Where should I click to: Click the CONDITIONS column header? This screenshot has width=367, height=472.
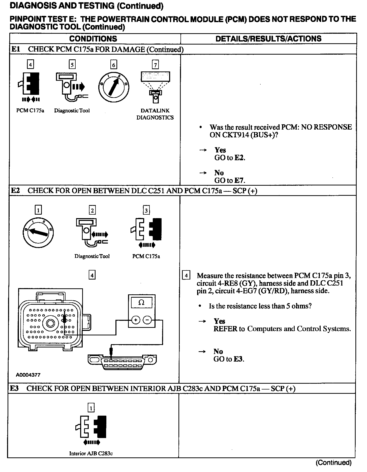coord(93,39)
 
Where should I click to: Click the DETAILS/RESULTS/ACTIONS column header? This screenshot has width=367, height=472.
coord(268,39)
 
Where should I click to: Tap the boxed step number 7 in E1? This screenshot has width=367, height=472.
coord(155,65)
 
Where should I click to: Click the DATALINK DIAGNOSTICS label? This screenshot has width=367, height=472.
coord(155,114)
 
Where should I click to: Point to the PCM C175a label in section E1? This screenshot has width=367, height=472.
coord(30,111)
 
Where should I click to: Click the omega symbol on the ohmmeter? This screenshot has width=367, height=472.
coord(141,303)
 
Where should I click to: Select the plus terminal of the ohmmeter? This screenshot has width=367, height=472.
coord(136,320)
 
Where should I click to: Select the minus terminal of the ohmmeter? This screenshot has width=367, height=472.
coord(147,320)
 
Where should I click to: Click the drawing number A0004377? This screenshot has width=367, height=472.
coord(28,375)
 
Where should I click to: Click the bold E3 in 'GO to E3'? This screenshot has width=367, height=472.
coord(238,359)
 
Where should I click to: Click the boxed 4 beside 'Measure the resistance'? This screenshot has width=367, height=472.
coord(186,276)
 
